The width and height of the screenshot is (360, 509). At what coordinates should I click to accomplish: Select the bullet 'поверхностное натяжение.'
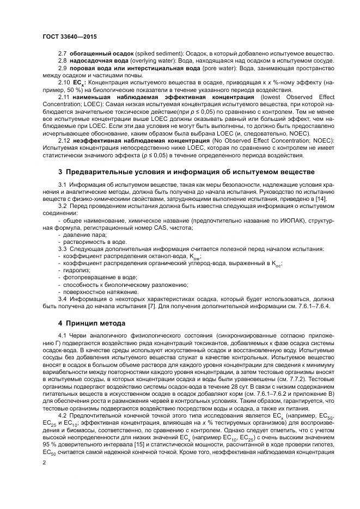point(96,291)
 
